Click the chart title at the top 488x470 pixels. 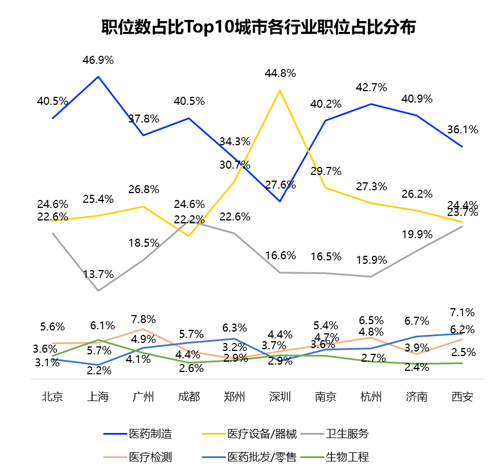(258, 27)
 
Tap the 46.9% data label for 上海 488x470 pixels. (99, 60)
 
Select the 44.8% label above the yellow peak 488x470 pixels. (280, 73)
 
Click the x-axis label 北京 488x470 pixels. (52, 397)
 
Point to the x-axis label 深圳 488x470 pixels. (280, 397)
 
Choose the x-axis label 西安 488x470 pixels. (462, 397)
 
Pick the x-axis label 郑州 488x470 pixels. (235, 397)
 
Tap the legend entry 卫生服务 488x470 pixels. (347, 434)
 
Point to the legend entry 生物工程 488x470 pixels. (347, 456)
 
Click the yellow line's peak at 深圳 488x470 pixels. (280, 90)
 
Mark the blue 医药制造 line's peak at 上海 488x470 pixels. (99, 76)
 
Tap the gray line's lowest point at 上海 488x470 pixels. (99, 291)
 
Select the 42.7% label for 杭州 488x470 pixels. (371, 88)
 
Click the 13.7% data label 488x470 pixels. (99, 274)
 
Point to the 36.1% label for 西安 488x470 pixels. (462, 129)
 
